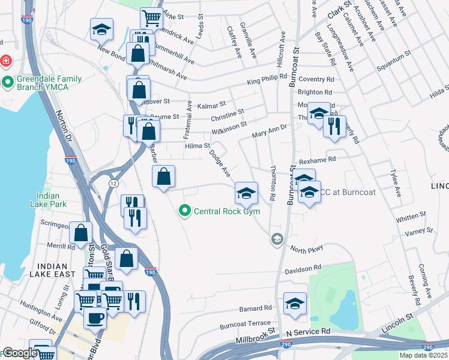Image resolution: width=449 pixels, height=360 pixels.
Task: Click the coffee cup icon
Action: point(95,317)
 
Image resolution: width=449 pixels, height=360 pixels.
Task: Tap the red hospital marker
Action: point(5,61)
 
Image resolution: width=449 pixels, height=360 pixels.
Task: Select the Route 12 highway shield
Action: point(112,182)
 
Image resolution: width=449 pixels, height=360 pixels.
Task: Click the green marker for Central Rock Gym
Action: point(184,211)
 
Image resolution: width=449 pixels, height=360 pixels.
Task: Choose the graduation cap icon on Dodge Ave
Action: point(246,193)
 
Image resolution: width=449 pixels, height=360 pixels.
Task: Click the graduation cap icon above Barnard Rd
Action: point(295,304)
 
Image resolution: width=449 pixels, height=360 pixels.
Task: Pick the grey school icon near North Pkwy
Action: point(276,239)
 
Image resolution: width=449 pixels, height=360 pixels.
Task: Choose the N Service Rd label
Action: point(308,331)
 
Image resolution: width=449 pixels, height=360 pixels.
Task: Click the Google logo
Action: point(19,353)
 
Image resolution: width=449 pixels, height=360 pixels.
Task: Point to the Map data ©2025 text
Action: point(423,355)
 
